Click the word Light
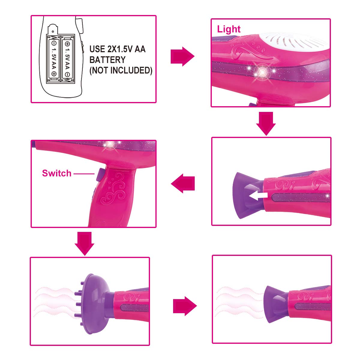(x=229, y=29)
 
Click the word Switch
(x=57, y=173)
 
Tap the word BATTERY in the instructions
(x=107, y=60)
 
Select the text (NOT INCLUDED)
(x=121, y=70)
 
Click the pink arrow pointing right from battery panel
(x=182, y=56)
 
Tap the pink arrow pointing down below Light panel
(x=266, y=124)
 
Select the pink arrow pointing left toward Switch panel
(x=183, y=183)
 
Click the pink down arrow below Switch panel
(x=84, y=244)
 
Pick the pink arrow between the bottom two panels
(x=185, y=306)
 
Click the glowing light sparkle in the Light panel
(x=262, y=72)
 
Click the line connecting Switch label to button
(x=84, y=174)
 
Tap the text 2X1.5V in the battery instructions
(x=120, y=49)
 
